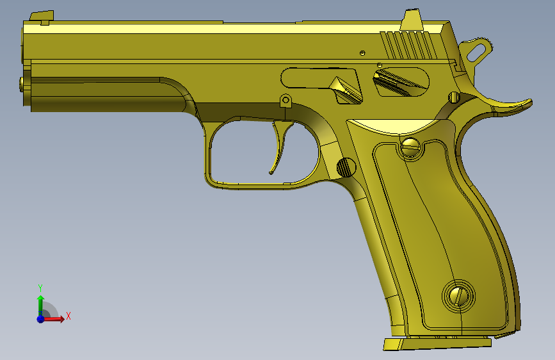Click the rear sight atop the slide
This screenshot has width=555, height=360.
412,20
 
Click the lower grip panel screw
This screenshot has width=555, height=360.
458,295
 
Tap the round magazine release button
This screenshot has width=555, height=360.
346,167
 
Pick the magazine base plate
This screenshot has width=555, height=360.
435,343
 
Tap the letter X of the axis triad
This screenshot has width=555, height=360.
68,316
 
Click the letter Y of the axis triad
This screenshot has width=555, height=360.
40,287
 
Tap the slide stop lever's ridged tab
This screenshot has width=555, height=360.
346,90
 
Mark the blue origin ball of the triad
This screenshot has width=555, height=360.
40,318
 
